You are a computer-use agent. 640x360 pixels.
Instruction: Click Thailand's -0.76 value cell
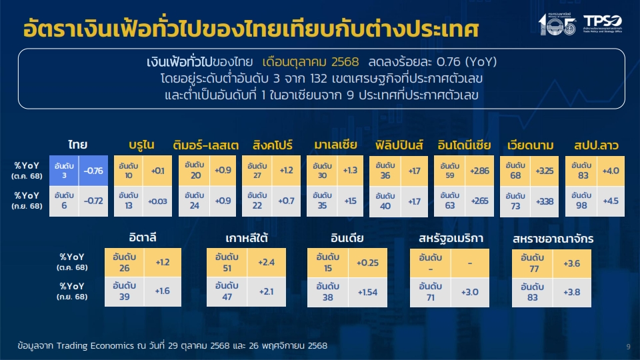pos(93,171)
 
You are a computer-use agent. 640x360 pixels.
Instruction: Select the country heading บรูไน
pos(142,145)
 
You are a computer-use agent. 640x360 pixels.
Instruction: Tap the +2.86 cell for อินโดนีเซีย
pos(479,171)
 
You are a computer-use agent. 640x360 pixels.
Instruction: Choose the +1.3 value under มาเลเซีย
pos(349,171)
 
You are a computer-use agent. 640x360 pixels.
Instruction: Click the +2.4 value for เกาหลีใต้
pos(267,263)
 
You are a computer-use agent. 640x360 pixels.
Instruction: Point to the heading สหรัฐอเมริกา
pos(451,238)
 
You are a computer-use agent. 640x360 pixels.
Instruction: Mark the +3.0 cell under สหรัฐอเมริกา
pos(470,292)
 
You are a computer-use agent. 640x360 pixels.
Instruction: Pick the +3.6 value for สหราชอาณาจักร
pos(571,264)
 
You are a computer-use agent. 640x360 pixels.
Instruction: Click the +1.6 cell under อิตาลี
pos(163,291)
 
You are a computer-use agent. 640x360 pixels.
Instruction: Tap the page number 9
pos(628,347)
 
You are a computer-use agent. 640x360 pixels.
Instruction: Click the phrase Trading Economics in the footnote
pos(87,347)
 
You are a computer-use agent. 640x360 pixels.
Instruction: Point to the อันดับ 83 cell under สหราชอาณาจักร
pos(532,293)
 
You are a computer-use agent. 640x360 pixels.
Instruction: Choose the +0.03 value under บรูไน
pos(158,201)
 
